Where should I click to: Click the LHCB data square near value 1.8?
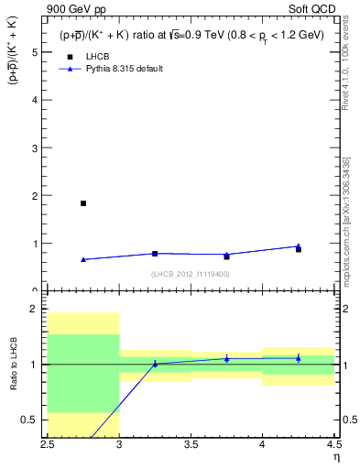pyautogui.click(x=83, y=203)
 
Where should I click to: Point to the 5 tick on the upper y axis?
pyautogui.click(x=37, y=52)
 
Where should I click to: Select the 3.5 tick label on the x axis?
pyautogui.click(x=191, y=445)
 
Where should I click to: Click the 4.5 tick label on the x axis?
pyautogui.click(x=333, y=445)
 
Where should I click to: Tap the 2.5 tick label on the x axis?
pyautogui.click(x=48, y=445)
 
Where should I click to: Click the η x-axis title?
pyautogui.click(x=336, y=456)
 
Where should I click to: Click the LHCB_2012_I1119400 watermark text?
pyautogui.click(x=191, y=274)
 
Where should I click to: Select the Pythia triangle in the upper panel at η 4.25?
pyautogui.click(x=298, y=245)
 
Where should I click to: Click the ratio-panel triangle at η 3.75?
pyautogui.click(x=226, y=358)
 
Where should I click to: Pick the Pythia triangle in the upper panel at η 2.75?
pyautogui.click(x=83, y=259)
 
